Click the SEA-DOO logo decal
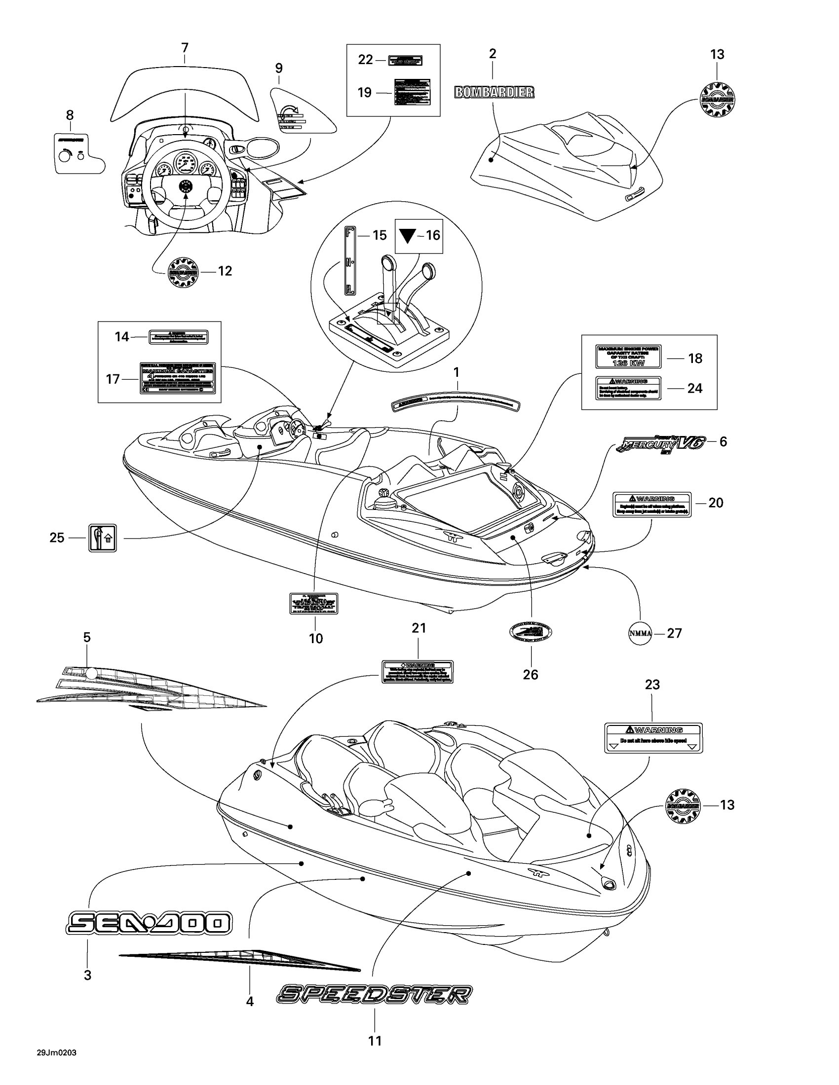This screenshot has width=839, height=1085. coord(149,923)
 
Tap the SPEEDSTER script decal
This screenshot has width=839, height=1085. coord(374,994)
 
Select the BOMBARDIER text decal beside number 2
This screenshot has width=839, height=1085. coord(494,92)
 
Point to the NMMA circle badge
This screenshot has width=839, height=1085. coord(640,633)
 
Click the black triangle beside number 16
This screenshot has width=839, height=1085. coord(408,235)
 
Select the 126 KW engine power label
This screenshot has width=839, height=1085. coord(628,357)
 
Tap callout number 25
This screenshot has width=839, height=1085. coord(57,538)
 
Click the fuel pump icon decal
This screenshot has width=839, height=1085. coord(102,538)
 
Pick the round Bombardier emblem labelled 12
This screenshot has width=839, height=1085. coord(184,272)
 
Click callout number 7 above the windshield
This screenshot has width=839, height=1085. coord(185,48)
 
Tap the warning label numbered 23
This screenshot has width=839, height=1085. coord(653,738)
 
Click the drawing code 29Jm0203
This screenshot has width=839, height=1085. coord(56,1053)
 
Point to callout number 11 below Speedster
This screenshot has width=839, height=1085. coord(375,1040)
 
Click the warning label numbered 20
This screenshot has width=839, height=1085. coord(651,504)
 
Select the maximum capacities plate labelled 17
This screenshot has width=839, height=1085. coord(178,379)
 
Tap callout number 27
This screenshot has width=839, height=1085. coord(674,633)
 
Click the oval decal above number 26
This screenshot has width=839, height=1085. coord(531,632)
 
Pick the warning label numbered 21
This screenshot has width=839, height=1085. coord(417,672)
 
